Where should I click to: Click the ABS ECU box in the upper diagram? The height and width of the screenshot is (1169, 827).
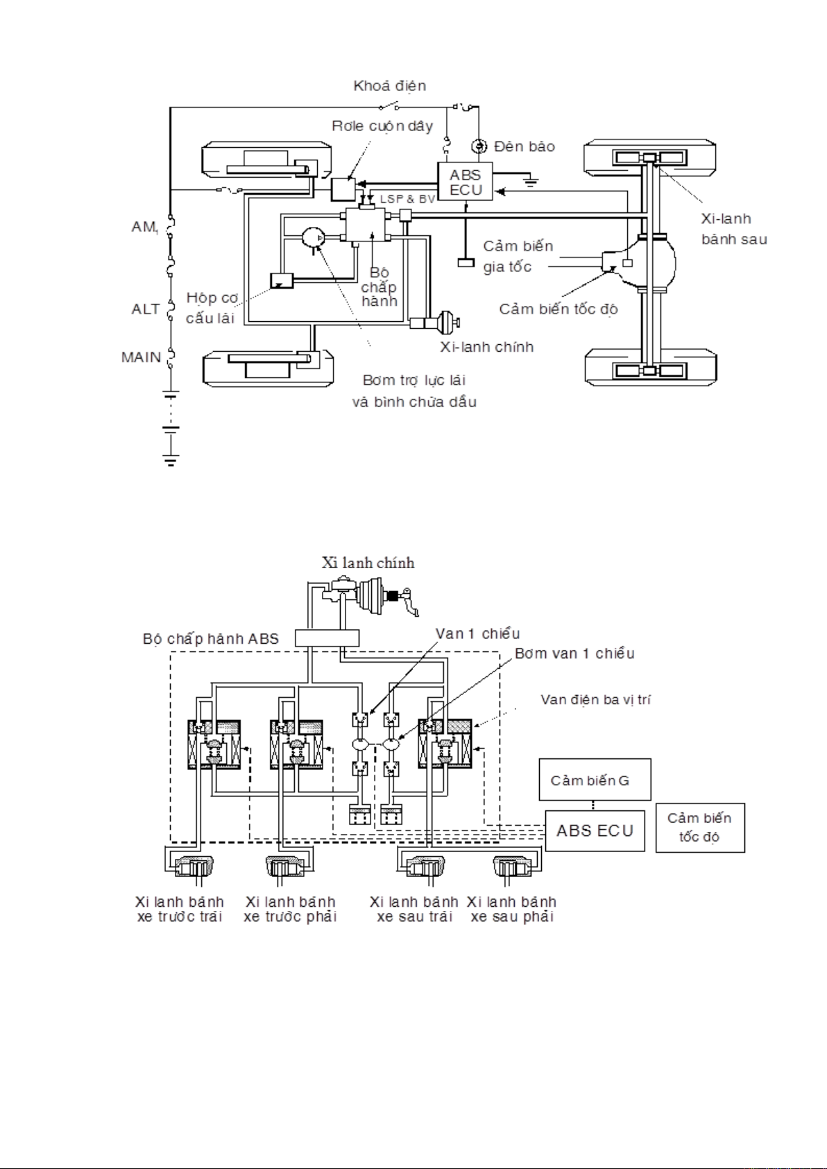pyautogui.click(x=465, y=182)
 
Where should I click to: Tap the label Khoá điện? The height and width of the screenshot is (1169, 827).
pyautogui.click(x=389, y=86)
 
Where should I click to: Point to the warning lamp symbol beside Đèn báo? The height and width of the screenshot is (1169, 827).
pyautogui.click(x=479, y=146)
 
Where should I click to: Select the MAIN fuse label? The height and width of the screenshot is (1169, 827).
pyautogui.click(x=141, y=357)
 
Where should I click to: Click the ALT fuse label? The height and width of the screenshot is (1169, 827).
pyautogui.click(x=146, y=309)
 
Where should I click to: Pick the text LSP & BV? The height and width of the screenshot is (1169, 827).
pyautogui.click(x=407, y=199)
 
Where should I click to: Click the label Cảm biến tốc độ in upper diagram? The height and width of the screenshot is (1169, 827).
pyautogui.click(x=558, y=309)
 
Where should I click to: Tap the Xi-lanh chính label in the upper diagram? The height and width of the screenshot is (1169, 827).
pyautogui.click(x=486, y=347)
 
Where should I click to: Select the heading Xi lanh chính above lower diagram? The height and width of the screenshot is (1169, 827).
pyautogui.click(x=368, y=563)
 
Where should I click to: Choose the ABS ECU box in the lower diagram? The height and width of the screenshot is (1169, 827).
pyautogui.click(x=595, y=830)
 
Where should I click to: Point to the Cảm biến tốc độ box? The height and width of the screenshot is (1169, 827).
pyautogui.click(x=699, y=827)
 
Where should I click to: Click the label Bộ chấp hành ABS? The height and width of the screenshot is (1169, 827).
pyautogui.click(x=210, y=639)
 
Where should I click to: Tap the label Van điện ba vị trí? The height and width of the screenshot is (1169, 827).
pyautogui.click(x=595, y=699)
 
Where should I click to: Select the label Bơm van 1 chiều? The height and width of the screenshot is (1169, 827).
pyautogui.click(x=574, y=654)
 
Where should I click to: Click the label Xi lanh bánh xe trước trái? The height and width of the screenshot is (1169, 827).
pyautogui.click(x=180, y=909)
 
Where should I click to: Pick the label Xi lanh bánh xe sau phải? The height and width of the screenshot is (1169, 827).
pyautogui.click(x=511, y=909)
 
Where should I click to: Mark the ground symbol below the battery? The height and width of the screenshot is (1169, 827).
pyautogui.click(x=171, y=459)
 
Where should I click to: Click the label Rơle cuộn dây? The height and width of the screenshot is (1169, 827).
pyautogui.click(x=382, y=126)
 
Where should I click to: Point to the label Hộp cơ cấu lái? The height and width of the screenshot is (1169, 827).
pyautogui.click(x=211, y=308)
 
